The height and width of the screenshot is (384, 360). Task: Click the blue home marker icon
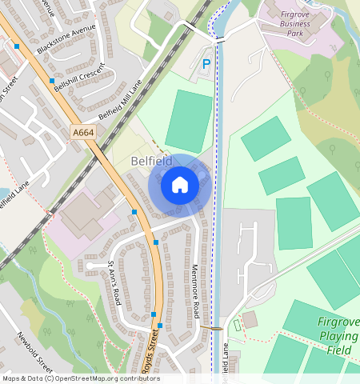(x=180, y=186)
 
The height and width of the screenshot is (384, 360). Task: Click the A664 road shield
(x=82, y=132)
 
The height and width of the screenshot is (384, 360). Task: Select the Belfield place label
(x=150, y=161)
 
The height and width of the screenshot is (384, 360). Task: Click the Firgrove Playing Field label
(x=338, y=336)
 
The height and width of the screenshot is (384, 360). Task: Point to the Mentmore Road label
(x=194, y=292)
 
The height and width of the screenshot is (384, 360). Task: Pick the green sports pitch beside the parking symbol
(x=189, y=120)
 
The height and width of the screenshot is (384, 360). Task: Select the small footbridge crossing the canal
(x=214, y=328)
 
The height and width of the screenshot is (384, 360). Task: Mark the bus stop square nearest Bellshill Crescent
(x=52, y=81)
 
